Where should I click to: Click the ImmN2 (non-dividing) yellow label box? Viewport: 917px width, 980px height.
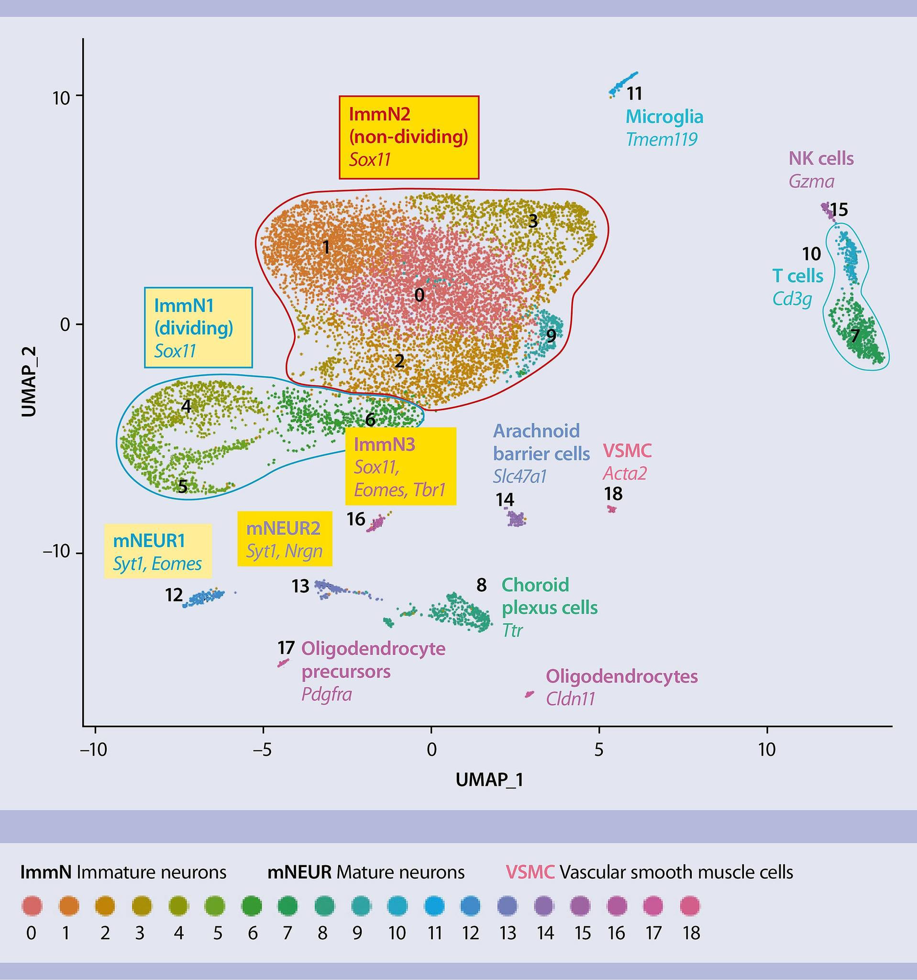(x=409, y=137)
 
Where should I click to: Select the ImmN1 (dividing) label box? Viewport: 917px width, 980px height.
(x=198, y=327)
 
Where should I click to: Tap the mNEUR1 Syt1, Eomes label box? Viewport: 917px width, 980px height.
(x=157, y=551)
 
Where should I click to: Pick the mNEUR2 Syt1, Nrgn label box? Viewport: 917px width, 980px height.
(x=285, y=539)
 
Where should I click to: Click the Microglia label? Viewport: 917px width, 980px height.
(x=664, y=117)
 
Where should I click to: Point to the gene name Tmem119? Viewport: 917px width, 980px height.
(x=662, y=139)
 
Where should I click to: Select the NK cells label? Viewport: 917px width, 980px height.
(x=821, y=158)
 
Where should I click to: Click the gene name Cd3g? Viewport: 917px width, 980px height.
(x=792, y=299)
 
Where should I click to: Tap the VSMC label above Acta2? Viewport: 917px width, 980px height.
(x=627, y=451)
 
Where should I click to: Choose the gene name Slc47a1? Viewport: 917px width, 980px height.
(x=520, y=476)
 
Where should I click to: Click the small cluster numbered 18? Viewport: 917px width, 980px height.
(x=612, y=509)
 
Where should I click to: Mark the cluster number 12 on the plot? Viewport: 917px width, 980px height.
(x=174, y=595)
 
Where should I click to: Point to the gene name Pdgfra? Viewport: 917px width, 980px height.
(x=326, y=695)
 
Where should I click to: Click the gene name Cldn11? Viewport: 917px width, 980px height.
(x=571, y=699)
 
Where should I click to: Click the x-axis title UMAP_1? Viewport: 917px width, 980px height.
(x=489, y=780)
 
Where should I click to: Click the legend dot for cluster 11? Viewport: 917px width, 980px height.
(x=434, y=906)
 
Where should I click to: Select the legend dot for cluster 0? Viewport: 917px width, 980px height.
(x=32, y=906)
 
